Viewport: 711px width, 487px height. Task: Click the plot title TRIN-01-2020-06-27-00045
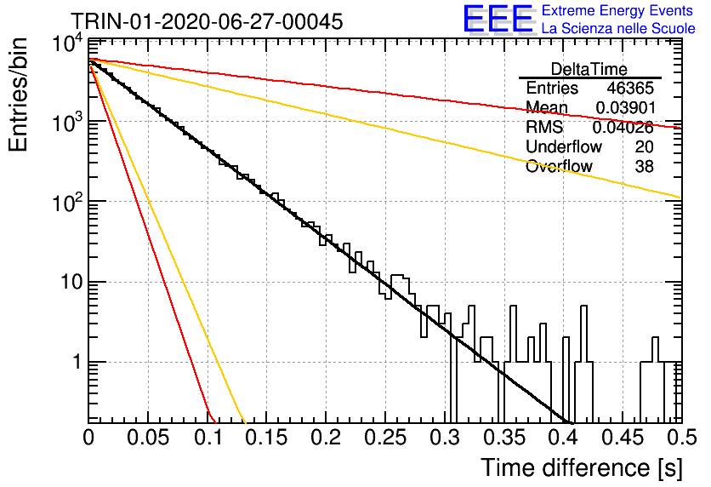tap(207, 21)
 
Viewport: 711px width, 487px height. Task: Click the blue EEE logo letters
tap(498, 19)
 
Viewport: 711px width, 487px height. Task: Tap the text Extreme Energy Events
tap(617, 10)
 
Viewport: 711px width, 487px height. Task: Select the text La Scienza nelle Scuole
tap(618, 29)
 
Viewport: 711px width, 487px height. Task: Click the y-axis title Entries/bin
tap(19, 95)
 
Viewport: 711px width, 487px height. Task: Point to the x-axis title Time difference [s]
tap(582, 468)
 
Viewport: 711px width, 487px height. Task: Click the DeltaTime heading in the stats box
tap(589, 69)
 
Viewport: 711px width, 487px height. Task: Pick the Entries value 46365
tap(630, 88)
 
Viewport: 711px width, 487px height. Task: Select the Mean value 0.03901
tap(626, 107)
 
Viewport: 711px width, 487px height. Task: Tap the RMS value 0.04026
tap(623, 128)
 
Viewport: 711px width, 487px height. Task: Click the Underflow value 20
tap(644, 146)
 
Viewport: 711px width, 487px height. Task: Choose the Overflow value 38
tap(644, 167)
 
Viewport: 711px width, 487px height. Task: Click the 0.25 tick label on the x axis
tap(385, 438)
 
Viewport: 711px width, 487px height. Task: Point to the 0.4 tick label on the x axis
tap(564, 438)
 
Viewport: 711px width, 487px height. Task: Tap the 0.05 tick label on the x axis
tap(148, 438)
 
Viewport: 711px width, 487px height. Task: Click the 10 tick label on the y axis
tap(71, 283)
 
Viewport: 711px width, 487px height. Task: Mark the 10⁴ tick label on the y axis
tap(67, 44)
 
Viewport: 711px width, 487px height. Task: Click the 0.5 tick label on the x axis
tap(682, 438)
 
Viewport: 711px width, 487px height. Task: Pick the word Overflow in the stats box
tap(559, 167)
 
